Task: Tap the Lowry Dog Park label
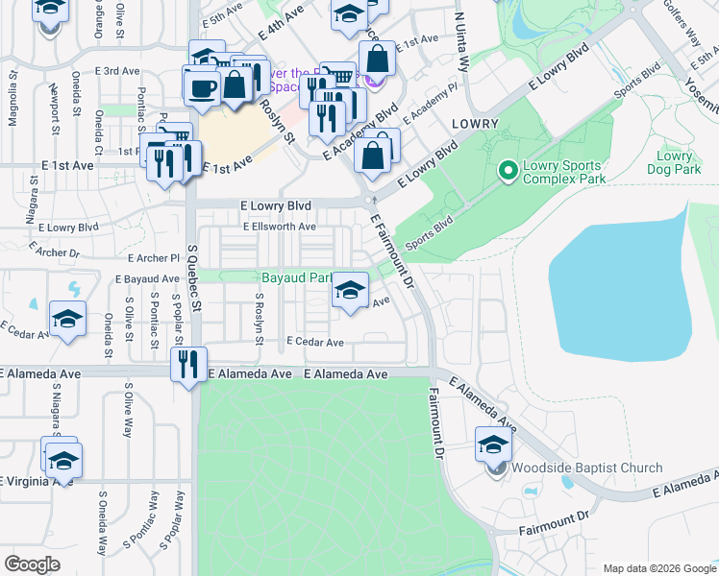point(674,162)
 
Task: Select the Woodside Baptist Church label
point(586,468)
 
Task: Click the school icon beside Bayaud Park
point(351,290)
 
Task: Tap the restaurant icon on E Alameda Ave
point(187,364)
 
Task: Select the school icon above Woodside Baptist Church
point(494,444)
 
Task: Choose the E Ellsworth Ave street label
point(279,227)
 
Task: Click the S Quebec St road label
point(196,288)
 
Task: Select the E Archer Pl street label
point(154,258)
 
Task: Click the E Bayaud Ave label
point(147,278)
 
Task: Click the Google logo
point(32,564)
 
